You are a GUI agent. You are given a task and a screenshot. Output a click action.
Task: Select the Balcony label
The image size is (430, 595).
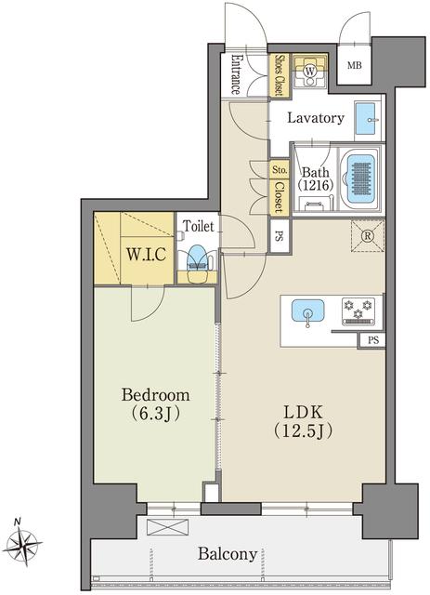(x=227, y=554)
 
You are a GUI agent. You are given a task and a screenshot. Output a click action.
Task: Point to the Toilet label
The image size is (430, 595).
(x=199, y=226)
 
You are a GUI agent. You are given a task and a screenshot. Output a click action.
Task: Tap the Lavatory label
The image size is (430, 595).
(x=316, y=119)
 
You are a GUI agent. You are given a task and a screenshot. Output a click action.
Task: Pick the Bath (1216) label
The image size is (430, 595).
(x=315, y=178)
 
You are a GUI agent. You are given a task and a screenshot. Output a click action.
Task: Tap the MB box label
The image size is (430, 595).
(x=354, y=65)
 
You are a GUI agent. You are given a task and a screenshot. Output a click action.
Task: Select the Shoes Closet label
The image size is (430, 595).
(x=279, y=75)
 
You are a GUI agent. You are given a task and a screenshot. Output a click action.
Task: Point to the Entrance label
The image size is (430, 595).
(x=236, y=75)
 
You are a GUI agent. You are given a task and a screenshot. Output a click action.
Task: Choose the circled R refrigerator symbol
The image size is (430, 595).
(x=367, y=236)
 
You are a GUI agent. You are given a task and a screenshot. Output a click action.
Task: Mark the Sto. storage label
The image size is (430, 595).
(x=279, y=171)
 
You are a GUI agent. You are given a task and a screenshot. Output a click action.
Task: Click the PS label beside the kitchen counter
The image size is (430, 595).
(x=372, y=340)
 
